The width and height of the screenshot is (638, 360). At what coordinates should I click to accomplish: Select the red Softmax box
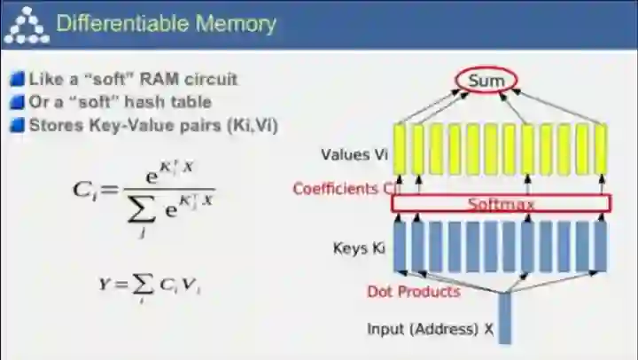point(501,204)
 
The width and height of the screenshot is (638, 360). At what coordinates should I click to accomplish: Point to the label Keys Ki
point(358,247)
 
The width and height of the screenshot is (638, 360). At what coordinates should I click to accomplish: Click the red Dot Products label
point(414,292)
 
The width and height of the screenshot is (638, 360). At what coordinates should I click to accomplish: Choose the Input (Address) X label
point(431,330)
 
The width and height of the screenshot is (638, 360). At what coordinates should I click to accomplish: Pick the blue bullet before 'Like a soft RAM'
point(17,79)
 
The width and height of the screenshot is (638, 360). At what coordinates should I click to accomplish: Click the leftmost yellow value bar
point(400,149)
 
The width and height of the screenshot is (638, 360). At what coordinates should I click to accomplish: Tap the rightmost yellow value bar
point(600,149)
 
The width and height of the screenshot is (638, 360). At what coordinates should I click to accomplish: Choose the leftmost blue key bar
point(400,246)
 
